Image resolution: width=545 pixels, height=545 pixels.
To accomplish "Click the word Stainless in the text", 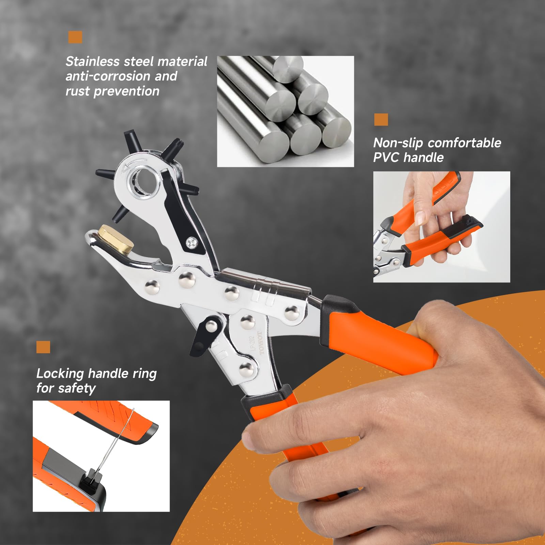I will coord(92,62).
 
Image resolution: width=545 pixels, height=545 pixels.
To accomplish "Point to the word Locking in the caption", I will coord(60,374).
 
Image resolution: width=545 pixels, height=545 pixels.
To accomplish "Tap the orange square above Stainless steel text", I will coord(75,37).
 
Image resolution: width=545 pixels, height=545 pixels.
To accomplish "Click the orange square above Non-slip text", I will coord(381,120).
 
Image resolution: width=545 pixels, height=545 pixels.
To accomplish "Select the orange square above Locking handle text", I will coord(43,347).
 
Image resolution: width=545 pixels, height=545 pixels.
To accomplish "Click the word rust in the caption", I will coord(77,91).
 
